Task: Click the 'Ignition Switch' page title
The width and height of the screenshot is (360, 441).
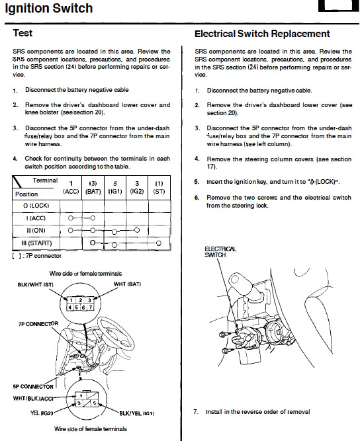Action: (49, 8)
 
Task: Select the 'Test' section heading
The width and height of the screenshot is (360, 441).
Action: (22, 33)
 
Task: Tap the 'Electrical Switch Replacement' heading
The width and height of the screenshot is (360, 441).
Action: (262, 34)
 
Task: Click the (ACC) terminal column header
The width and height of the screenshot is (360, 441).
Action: (71, 188)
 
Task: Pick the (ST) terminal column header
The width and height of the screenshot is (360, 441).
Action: (159, 188)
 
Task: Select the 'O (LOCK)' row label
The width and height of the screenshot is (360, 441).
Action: (36, 206)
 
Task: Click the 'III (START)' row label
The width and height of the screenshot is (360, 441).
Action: (36, 243)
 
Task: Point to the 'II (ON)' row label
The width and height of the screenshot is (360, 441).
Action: (36, 231)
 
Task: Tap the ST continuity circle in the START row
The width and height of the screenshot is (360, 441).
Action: (159, 243)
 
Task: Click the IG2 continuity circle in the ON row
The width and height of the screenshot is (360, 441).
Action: (137, 230)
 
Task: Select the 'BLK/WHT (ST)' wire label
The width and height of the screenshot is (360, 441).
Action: (36, 284)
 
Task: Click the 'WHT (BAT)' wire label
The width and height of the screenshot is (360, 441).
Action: (127, 284)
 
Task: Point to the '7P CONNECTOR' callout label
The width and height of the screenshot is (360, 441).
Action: (38, 324)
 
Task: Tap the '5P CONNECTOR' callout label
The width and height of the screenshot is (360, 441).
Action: (33, 387)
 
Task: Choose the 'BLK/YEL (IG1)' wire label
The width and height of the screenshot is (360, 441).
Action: (137, 413)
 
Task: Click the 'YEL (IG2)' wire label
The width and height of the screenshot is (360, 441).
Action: (42, 413)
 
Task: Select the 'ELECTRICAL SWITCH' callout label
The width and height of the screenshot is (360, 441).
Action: (220, 252)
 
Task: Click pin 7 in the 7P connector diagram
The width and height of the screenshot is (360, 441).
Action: (91, 307)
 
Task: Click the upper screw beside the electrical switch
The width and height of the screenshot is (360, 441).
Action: (223, 335)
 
